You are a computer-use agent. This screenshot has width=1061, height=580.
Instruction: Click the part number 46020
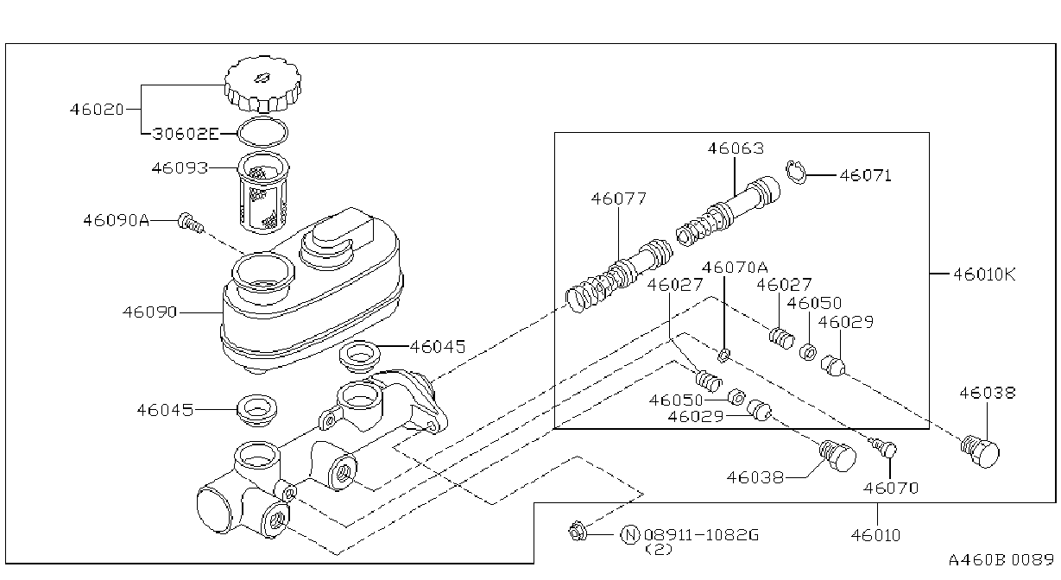tap(97, 110)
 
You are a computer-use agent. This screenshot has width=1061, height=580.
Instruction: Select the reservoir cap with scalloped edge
tap(263, 85)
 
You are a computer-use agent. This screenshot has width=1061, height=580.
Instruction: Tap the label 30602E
tap(186, 134)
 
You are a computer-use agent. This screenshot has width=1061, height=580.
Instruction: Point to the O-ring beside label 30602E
tap(262, 132)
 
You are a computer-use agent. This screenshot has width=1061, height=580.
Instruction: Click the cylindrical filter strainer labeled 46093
tap(263, 192)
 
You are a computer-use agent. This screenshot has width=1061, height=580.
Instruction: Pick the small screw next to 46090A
tap(192, 223)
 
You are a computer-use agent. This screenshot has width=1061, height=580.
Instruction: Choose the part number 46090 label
tap(149, 312)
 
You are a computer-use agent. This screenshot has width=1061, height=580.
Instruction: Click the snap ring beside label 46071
tap(796, 173)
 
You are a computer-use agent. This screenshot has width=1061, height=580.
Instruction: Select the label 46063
tap(736, 148)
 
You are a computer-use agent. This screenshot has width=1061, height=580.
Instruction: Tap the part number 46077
tap(619, 199)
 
